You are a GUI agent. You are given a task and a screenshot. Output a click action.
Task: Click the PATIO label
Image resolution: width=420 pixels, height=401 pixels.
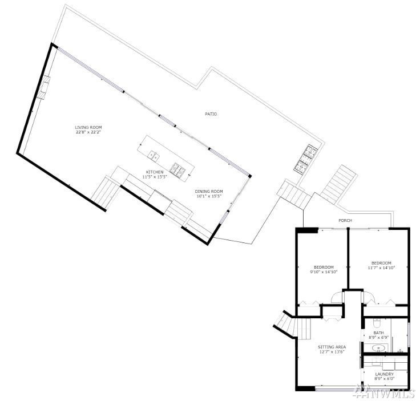click(211, 114)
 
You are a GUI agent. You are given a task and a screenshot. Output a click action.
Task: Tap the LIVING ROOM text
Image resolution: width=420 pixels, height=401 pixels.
click(88, 127)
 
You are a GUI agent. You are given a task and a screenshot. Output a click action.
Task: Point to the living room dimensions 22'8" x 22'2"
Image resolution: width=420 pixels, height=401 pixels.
click(88, 132)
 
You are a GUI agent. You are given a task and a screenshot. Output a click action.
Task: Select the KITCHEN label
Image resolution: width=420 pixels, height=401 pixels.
click(155, 172)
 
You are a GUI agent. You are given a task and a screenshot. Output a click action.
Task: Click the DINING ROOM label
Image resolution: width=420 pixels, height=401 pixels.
click(209, 192)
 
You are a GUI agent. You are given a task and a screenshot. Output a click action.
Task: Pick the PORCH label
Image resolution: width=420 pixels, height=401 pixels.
click(345, 221)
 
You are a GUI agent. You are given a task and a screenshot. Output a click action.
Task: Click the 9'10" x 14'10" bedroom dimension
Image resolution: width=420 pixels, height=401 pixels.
click(324, 272)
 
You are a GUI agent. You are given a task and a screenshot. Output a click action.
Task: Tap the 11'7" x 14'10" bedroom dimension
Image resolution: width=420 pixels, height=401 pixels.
click(381, 268)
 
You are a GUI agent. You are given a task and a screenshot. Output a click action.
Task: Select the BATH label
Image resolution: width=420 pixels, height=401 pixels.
click(378, 333)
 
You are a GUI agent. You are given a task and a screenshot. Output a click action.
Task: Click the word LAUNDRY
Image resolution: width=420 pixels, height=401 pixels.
click(385, 374)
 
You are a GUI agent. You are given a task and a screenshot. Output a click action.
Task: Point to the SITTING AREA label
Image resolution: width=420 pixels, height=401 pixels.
click(332, 347)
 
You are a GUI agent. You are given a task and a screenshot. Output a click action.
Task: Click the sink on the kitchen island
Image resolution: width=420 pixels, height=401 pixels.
click(154, 156)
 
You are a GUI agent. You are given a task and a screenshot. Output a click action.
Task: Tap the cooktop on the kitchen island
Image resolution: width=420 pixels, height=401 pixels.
click(177, 169)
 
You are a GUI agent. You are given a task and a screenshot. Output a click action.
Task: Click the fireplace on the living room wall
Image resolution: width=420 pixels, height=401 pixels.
click(43, 87)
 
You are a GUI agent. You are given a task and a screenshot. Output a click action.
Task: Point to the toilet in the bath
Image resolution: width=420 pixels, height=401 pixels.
click(377, 323)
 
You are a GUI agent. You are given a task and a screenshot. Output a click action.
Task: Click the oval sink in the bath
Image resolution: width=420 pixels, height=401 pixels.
click(378, 349)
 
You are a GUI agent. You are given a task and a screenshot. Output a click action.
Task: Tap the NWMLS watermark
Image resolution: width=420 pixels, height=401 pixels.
click(385, 393)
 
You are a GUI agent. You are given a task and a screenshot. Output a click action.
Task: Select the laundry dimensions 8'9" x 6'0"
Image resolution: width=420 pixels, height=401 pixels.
click(385, 379)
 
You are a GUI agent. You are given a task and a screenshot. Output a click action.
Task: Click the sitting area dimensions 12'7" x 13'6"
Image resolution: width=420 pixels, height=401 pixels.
click(332, 352)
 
